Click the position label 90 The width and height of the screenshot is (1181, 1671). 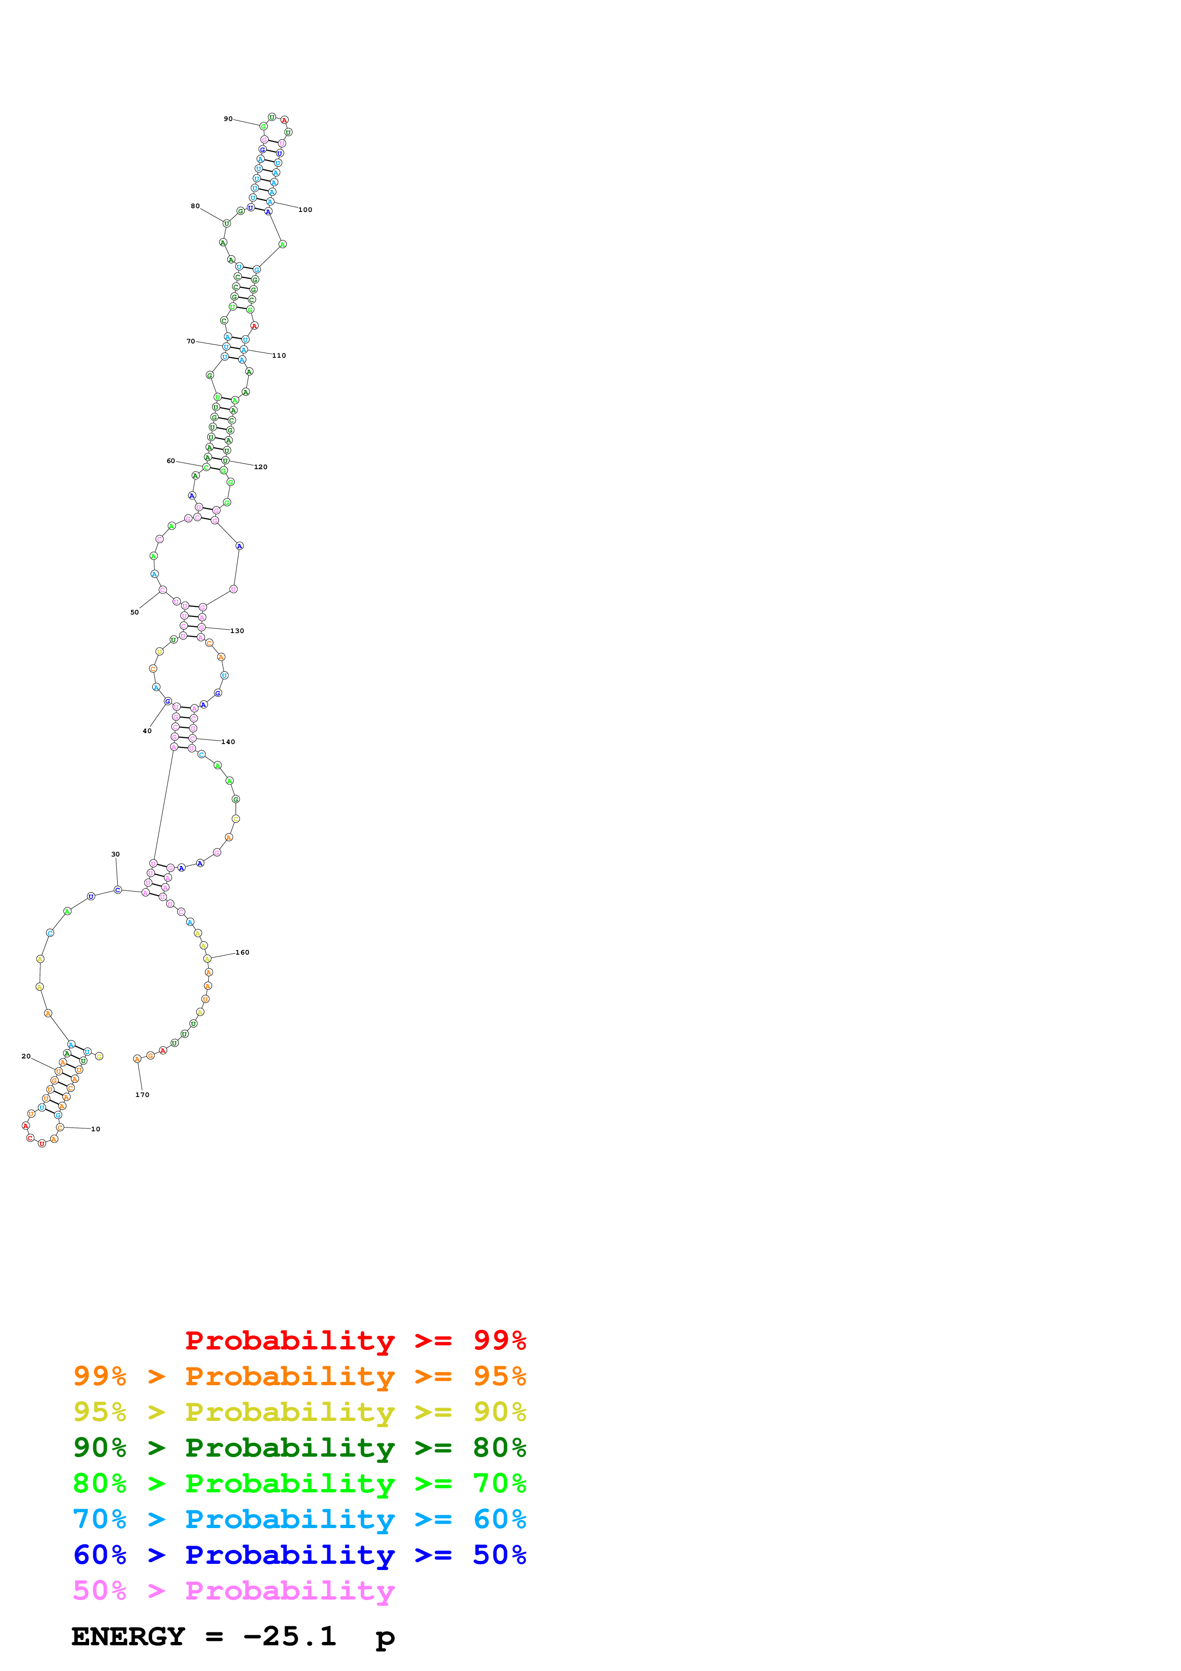[x=228, y=119]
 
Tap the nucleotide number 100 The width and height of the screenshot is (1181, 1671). [x=305, y=210]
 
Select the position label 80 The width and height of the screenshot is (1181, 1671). [x=195, y=206]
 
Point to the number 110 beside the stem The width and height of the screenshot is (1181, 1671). [x=279, y=355]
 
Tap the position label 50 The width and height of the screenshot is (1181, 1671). [x=135, y=612]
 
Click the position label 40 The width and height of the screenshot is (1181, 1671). [x=147, y=731]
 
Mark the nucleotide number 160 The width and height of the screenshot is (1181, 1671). [x=242, y=952]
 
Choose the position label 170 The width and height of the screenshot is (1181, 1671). [x=142, y=1095]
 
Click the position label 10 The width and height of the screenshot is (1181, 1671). [x=95, y=1129]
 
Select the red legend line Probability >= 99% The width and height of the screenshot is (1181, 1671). [x=355, y=1340]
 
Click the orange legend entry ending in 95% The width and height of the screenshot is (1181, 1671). [x=299, y=1376]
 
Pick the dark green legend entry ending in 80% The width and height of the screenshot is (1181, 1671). [x=299, y=1448]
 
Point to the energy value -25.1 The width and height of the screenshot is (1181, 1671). [x=290, y=1636]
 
